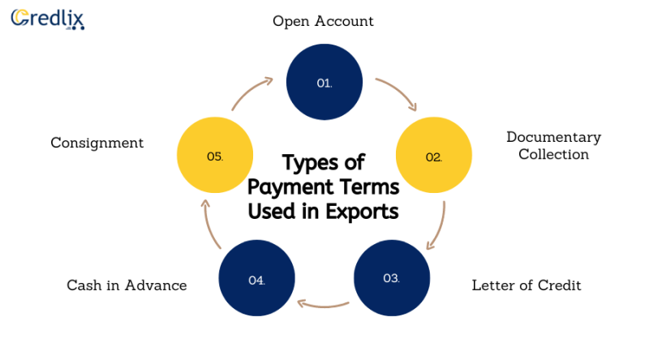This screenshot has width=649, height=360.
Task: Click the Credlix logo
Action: (x=48, y=19)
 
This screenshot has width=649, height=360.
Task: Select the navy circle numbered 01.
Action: (x=324, y=82)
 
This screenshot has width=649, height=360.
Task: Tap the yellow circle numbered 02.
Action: (x=434, y=155)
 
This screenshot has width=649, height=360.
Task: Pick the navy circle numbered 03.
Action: (x=392, y=278)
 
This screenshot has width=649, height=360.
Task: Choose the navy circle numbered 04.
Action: (x=256, y=278)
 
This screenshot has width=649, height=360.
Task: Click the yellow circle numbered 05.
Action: (x=215, y=155)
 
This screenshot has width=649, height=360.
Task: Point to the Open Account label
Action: (x=323, y=21)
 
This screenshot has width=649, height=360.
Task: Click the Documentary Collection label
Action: (x=554, y=146)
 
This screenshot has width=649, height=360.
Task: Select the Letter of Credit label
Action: (x=527, y=285)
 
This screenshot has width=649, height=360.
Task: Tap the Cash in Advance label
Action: (x=127, y=285)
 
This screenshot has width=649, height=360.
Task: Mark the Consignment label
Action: (x=97, y=143)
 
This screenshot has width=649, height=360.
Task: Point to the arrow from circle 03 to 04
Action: (x=323, y=306)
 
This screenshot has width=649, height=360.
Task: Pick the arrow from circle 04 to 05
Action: (x=209, y=225)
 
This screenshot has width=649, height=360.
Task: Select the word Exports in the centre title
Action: (x=362, y=212)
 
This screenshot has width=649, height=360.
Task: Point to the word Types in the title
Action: (x=309, y=163)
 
